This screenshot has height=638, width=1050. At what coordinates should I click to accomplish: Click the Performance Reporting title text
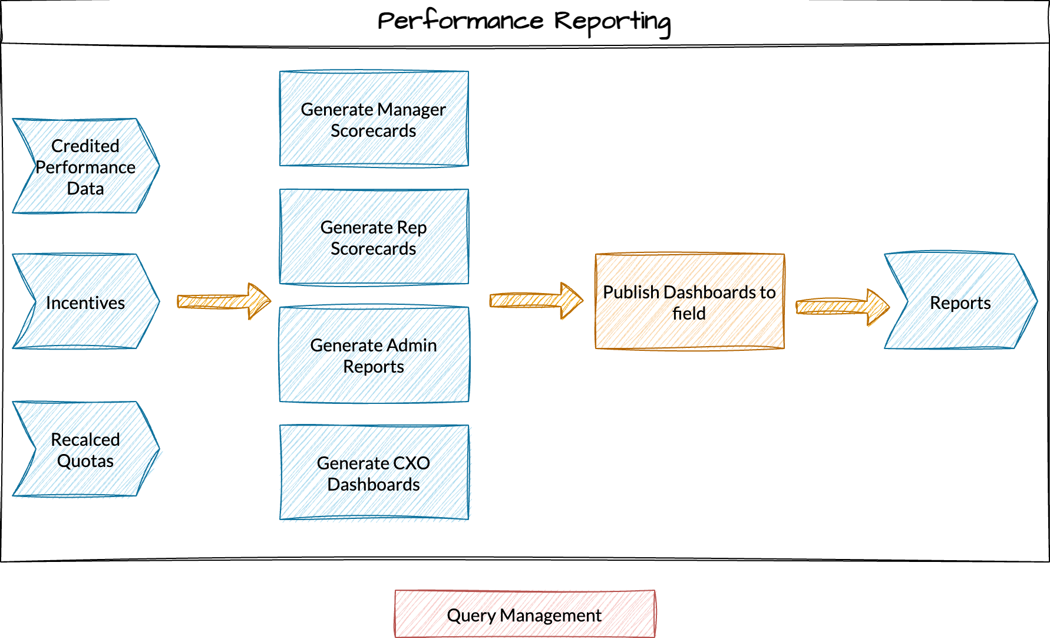(524, 22)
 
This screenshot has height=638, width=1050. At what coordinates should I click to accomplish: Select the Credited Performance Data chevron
(85, 166)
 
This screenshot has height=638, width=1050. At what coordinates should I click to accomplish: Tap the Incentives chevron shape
(85, 302)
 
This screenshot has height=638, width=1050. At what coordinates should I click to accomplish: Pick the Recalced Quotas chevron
(85, 449)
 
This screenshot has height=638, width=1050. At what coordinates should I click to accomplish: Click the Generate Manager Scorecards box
(374, 119)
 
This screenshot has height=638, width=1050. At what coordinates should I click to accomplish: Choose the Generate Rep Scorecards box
(374, 237)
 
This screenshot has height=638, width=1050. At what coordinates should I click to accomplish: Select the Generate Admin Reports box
(374, 355)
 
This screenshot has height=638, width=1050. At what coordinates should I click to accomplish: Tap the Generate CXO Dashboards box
(374, 473)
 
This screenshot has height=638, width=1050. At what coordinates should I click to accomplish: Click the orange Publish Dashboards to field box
(689, 302)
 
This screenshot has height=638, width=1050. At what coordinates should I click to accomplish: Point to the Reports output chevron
(960, 302)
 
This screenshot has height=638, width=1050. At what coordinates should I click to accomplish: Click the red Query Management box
(524, 614)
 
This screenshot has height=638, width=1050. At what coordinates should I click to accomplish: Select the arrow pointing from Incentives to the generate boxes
(224, 301)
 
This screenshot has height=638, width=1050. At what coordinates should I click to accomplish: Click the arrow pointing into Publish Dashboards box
(536, 301)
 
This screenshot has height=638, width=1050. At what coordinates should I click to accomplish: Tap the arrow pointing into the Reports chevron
(843, 307)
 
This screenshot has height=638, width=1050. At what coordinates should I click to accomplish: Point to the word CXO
(411, 463)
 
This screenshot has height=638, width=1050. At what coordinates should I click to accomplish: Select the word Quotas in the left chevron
(85, 461)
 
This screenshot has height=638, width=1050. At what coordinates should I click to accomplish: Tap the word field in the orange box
(689, 313)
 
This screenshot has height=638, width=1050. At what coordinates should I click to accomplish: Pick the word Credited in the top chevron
(85, 146)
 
